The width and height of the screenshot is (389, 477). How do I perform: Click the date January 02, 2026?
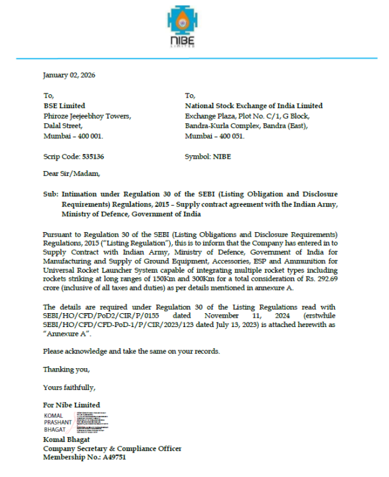point(69,75)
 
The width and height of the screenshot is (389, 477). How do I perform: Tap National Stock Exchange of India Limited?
point(254,105)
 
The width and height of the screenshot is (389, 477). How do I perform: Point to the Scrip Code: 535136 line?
point(73,157)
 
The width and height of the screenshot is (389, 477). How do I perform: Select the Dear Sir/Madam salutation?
point(71,174)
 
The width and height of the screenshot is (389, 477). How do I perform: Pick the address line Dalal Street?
point(63,125)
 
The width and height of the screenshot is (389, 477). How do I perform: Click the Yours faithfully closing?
point(69,387)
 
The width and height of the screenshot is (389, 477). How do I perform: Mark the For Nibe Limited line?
point(72,405)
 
